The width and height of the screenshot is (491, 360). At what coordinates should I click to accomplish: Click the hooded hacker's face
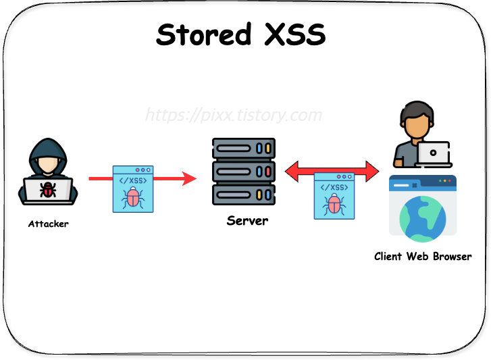(47, 164)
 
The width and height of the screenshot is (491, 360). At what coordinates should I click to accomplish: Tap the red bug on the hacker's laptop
(48, 190)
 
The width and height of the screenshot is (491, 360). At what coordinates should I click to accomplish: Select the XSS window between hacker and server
(133, 189)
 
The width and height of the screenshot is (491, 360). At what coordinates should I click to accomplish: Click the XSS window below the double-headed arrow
(334, 196)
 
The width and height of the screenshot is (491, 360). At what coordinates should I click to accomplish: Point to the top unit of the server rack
(244, 148)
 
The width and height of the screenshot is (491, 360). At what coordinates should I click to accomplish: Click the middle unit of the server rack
(244, 172)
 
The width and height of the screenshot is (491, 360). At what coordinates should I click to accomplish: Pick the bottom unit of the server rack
(244, 195)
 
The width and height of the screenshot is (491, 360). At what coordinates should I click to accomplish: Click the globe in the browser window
(423, 218)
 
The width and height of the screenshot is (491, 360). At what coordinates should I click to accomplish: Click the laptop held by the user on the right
(433, 154)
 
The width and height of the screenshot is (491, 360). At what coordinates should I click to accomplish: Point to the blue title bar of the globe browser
(423, 181)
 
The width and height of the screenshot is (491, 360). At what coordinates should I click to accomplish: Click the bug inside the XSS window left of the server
(133, 197)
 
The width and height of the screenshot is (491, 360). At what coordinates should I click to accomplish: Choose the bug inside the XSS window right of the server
(334, 204)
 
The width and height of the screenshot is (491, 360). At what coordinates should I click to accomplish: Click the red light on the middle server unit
(268, 172)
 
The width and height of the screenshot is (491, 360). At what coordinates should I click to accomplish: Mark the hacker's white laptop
(48, 190)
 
